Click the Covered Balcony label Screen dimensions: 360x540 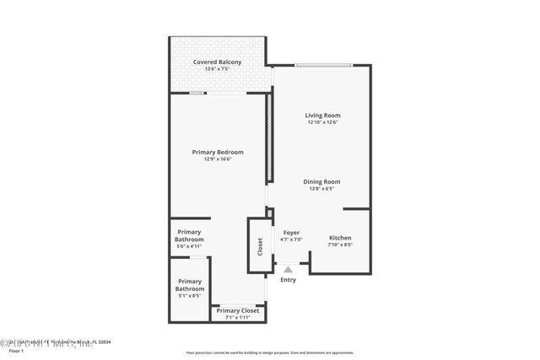click(217, 62)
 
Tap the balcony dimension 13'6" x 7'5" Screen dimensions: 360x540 click(217, 70)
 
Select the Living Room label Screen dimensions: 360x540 click(322, 116)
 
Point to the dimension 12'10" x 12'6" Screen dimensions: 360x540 click(322, 123)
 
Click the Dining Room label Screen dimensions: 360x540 click(322, 181)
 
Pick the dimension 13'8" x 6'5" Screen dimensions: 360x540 click(322, 189)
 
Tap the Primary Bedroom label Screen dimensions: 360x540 click(218, 152)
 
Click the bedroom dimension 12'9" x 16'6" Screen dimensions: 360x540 click(218, 159)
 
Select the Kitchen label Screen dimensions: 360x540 click(340, 238)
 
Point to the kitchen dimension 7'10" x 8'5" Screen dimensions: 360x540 click(340, 245)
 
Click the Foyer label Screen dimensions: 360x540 click(291, 232)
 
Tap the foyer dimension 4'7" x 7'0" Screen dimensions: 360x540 click(291, 239)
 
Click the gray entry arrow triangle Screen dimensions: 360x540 click(288, 269)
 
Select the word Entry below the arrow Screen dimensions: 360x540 click(288, 280)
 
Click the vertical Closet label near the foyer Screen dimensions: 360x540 click(260, 245)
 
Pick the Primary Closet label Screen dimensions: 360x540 click(238, 310)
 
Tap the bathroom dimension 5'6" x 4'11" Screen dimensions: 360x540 click(189, 246)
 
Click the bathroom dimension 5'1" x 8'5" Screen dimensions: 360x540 click(189, 296)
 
